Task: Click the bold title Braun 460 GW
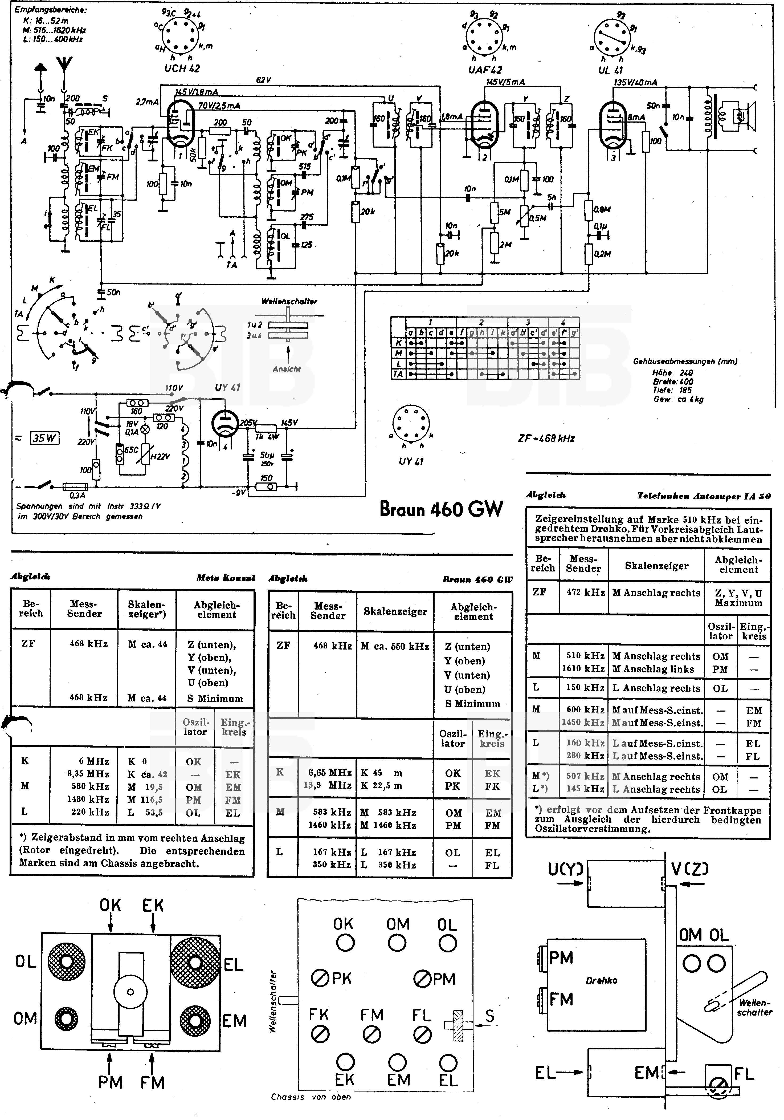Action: (x=441, y=509)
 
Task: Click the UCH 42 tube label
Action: (x=182, y=69)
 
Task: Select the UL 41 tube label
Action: (x=610, y=70)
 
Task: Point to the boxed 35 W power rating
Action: (x=44, y=438)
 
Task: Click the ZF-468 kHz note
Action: (x=546, y=438)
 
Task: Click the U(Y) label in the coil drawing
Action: (x=566, y=869)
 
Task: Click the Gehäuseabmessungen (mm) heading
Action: (x=685, y=362)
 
